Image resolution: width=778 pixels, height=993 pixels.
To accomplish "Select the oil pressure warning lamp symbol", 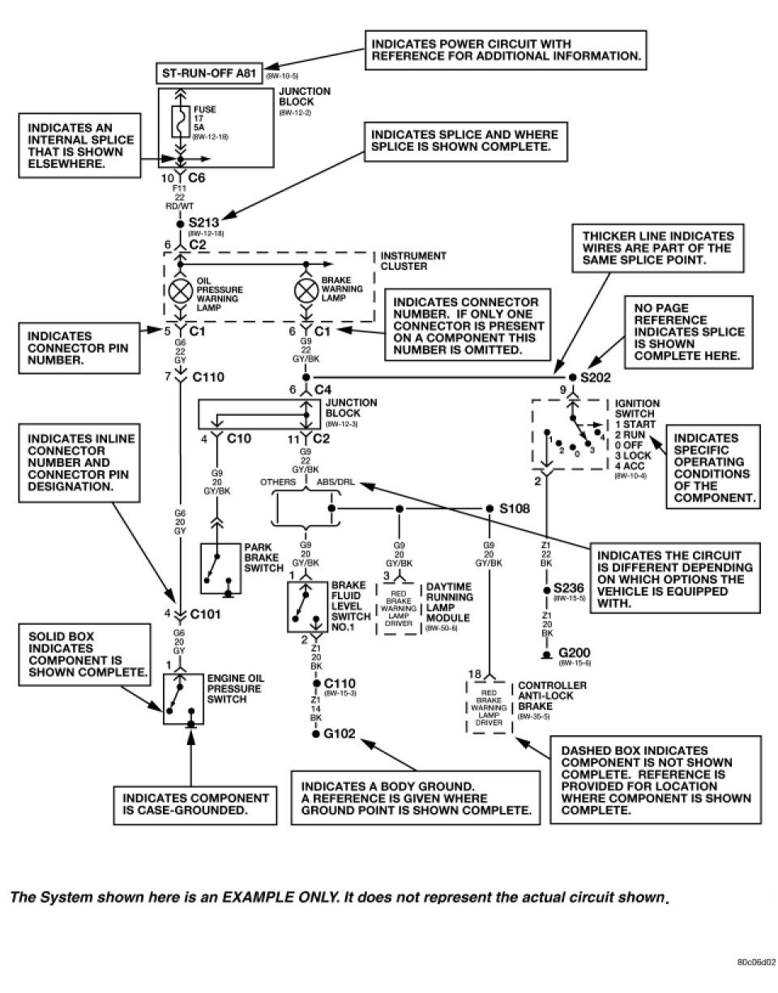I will click(x=180, y=291).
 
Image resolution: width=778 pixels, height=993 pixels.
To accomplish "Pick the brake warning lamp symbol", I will click(x=306, y=291).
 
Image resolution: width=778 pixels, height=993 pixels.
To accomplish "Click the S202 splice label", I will click(x=596, y=377).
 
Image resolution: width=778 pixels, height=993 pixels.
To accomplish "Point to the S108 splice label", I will click(x=514, y=508).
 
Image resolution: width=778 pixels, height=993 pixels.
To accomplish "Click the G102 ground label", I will click(x=340, y=735).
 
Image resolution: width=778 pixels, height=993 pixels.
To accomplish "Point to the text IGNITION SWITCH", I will click(x=637, y=409).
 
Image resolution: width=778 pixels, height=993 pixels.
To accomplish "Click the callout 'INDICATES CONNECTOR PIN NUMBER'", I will click(x=69, y=349).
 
